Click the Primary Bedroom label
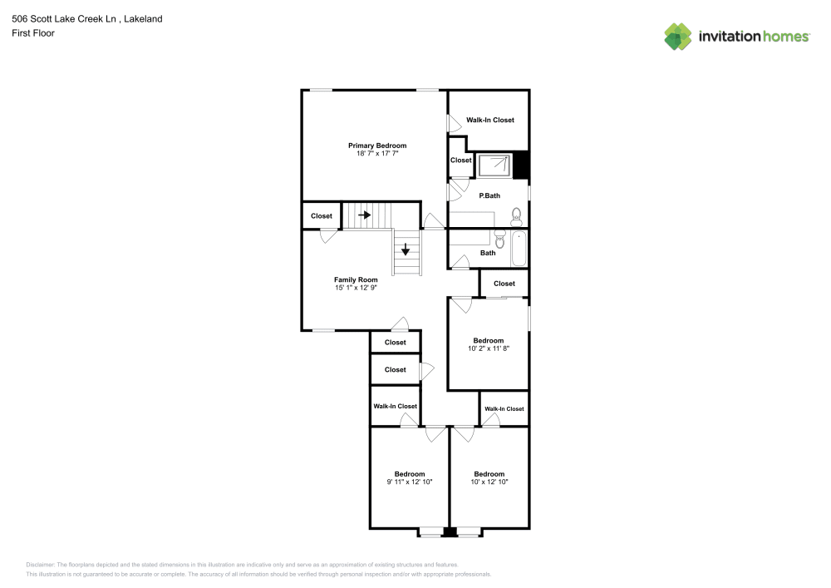(x=376, y=146)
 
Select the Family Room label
(x=356, y=279)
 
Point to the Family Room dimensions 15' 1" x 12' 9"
(x=356, y=288)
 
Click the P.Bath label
(x=489, y=195)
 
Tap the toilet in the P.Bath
(x=516, y=215)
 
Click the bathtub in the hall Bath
(x=518, y=248)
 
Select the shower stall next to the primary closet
(x=495, y=166)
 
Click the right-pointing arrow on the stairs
(x=364, y=215)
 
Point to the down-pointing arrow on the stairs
(x=406, y=248)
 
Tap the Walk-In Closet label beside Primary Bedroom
(x=489, y=120)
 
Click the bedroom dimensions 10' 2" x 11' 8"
(x=488, y=349)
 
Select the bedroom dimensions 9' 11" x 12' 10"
(x=409, y=482)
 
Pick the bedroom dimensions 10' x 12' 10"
(x=489, y=482)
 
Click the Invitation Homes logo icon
(x=678, y=36)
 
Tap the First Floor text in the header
(x=33, y=33)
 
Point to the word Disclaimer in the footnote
(x=41, y=564)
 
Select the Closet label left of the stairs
(x=322, y=216)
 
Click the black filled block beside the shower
(x=521, y=165)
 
